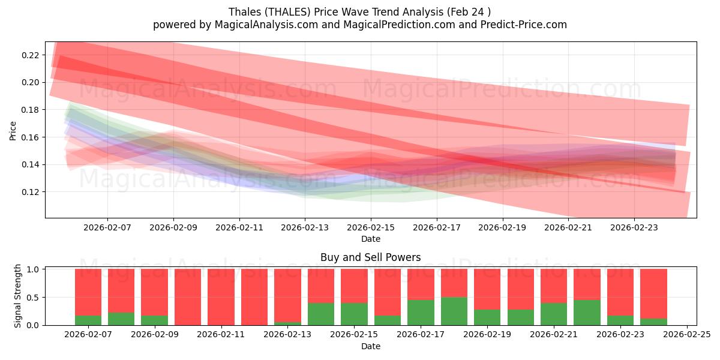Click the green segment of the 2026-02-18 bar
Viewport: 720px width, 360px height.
click(x=454, y=311)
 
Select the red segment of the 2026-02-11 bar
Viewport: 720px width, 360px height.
click(x=221, y=297)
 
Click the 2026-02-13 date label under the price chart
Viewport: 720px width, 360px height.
click(x=305, y=227)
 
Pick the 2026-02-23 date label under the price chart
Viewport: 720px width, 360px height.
click(x=635, y=227)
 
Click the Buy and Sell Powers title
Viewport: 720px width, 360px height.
click(x=370, y=257)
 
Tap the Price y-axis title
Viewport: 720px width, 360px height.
click(x=13, y=130)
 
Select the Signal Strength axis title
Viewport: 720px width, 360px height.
click(x=18, y=296)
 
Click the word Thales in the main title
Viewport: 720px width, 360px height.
click(x=242, y=12)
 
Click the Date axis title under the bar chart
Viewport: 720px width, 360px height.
click(x=370, y=346)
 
